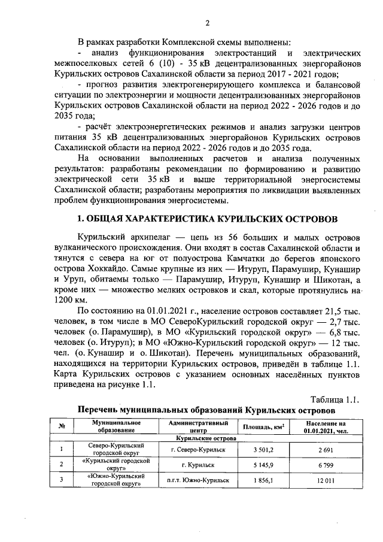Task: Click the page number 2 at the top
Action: pos(207,23)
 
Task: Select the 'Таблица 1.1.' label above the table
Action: pos(336,399)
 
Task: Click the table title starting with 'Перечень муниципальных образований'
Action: pos(206,410)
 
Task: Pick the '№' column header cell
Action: pos(62,427)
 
